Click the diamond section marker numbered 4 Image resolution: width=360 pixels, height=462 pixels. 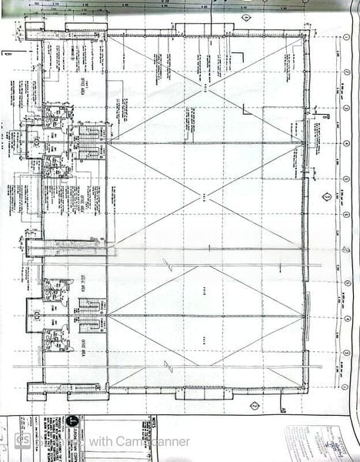click(x=246, y=18)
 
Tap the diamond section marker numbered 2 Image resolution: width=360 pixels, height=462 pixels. click(x=253, y=403)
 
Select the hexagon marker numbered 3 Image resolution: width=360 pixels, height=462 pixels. click(x=327, y=196)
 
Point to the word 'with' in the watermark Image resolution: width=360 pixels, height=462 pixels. click(x=98, y=442)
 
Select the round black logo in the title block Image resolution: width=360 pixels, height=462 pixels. click(x=72, y=422)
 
